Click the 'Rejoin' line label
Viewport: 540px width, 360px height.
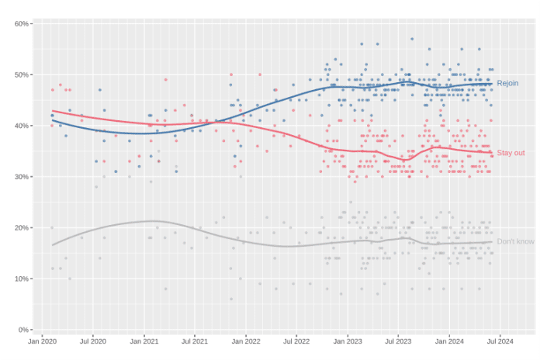(507, 83)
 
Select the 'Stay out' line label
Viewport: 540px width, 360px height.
(511, 153)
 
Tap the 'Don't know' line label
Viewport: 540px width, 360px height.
(515, 241)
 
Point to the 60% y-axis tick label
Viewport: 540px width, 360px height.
(22, 24)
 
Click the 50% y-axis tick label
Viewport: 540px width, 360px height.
(22, 74)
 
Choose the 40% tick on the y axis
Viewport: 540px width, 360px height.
(22, 126)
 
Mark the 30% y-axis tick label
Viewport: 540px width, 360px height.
(22, 177)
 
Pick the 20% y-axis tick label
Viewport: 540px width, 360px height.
(22, 227)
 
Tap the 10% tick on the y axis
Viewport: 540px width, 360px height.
(22, 279)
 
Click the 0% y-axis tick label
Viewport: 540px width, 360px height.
(23, 330)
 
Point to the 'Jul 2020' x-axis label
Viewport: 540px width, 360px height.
(93, 341)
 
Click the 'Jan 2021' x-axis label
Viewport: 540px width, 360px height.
(144, 341)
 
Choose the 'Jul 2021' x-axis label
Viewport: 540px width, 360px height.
(195, 341)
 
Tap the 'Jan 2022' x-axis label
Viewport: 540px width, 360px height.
(246, 341)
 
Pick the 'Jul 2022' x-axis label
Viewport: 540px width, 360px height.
(296, 341)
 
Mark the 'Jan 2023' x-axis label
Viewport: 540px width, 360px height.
(348, 341)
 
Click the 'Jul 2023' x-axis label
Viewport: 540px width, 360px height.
(398, 341)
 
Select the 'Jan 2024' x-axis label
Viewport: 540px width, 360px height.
(449, 341)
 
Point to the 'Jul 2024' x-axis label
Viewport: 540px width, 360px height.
(500, 341)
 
